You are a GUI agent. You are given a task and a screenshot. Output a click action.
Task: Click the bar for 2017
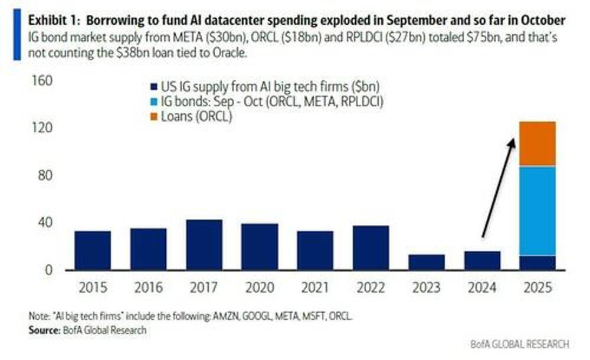click(204, 245)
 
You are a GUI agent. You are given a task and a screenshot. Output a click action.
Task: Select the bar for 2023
click(427, 262)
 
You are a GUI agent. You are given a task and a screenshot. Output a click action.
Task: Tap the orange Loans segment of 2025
click(537, 144)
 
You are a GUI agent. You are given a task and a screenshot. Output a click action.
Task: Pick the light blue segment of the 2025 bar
click(537, 211)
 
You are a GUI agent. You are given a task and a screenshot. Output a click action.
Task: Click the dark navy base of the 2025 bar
click(537, 263)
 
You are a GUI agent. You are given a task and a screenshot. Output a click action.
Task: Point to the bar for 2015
click(93, 250)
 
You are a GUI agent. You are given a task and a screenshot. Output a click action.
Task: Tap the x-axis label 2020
click(260, 288)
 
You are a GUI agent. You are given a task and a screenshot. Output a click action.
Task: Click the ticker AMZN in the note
click(218, 317)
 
